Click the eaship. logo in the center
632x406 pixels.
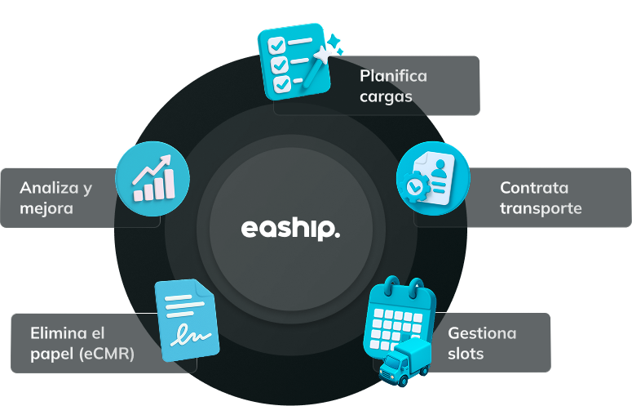[x=290, y=228]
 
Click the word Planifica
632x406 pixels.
[x=393, y=76]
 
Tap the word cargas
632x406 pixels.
[x=386, y=96]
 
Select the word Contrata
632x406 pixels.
[x=534, y=188]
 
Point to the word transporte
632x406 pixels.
[x=541, y=208]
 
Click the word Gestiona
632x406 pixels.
[x=482, y=333]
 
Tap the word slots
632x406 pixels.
[x=466, y=354]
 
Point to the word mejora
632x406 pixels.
[x=46, y=208]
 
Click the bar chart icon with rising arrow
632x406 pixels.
[x=152, y=177]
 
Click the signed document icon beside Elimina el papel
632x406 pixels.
[x=188, y=320]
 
